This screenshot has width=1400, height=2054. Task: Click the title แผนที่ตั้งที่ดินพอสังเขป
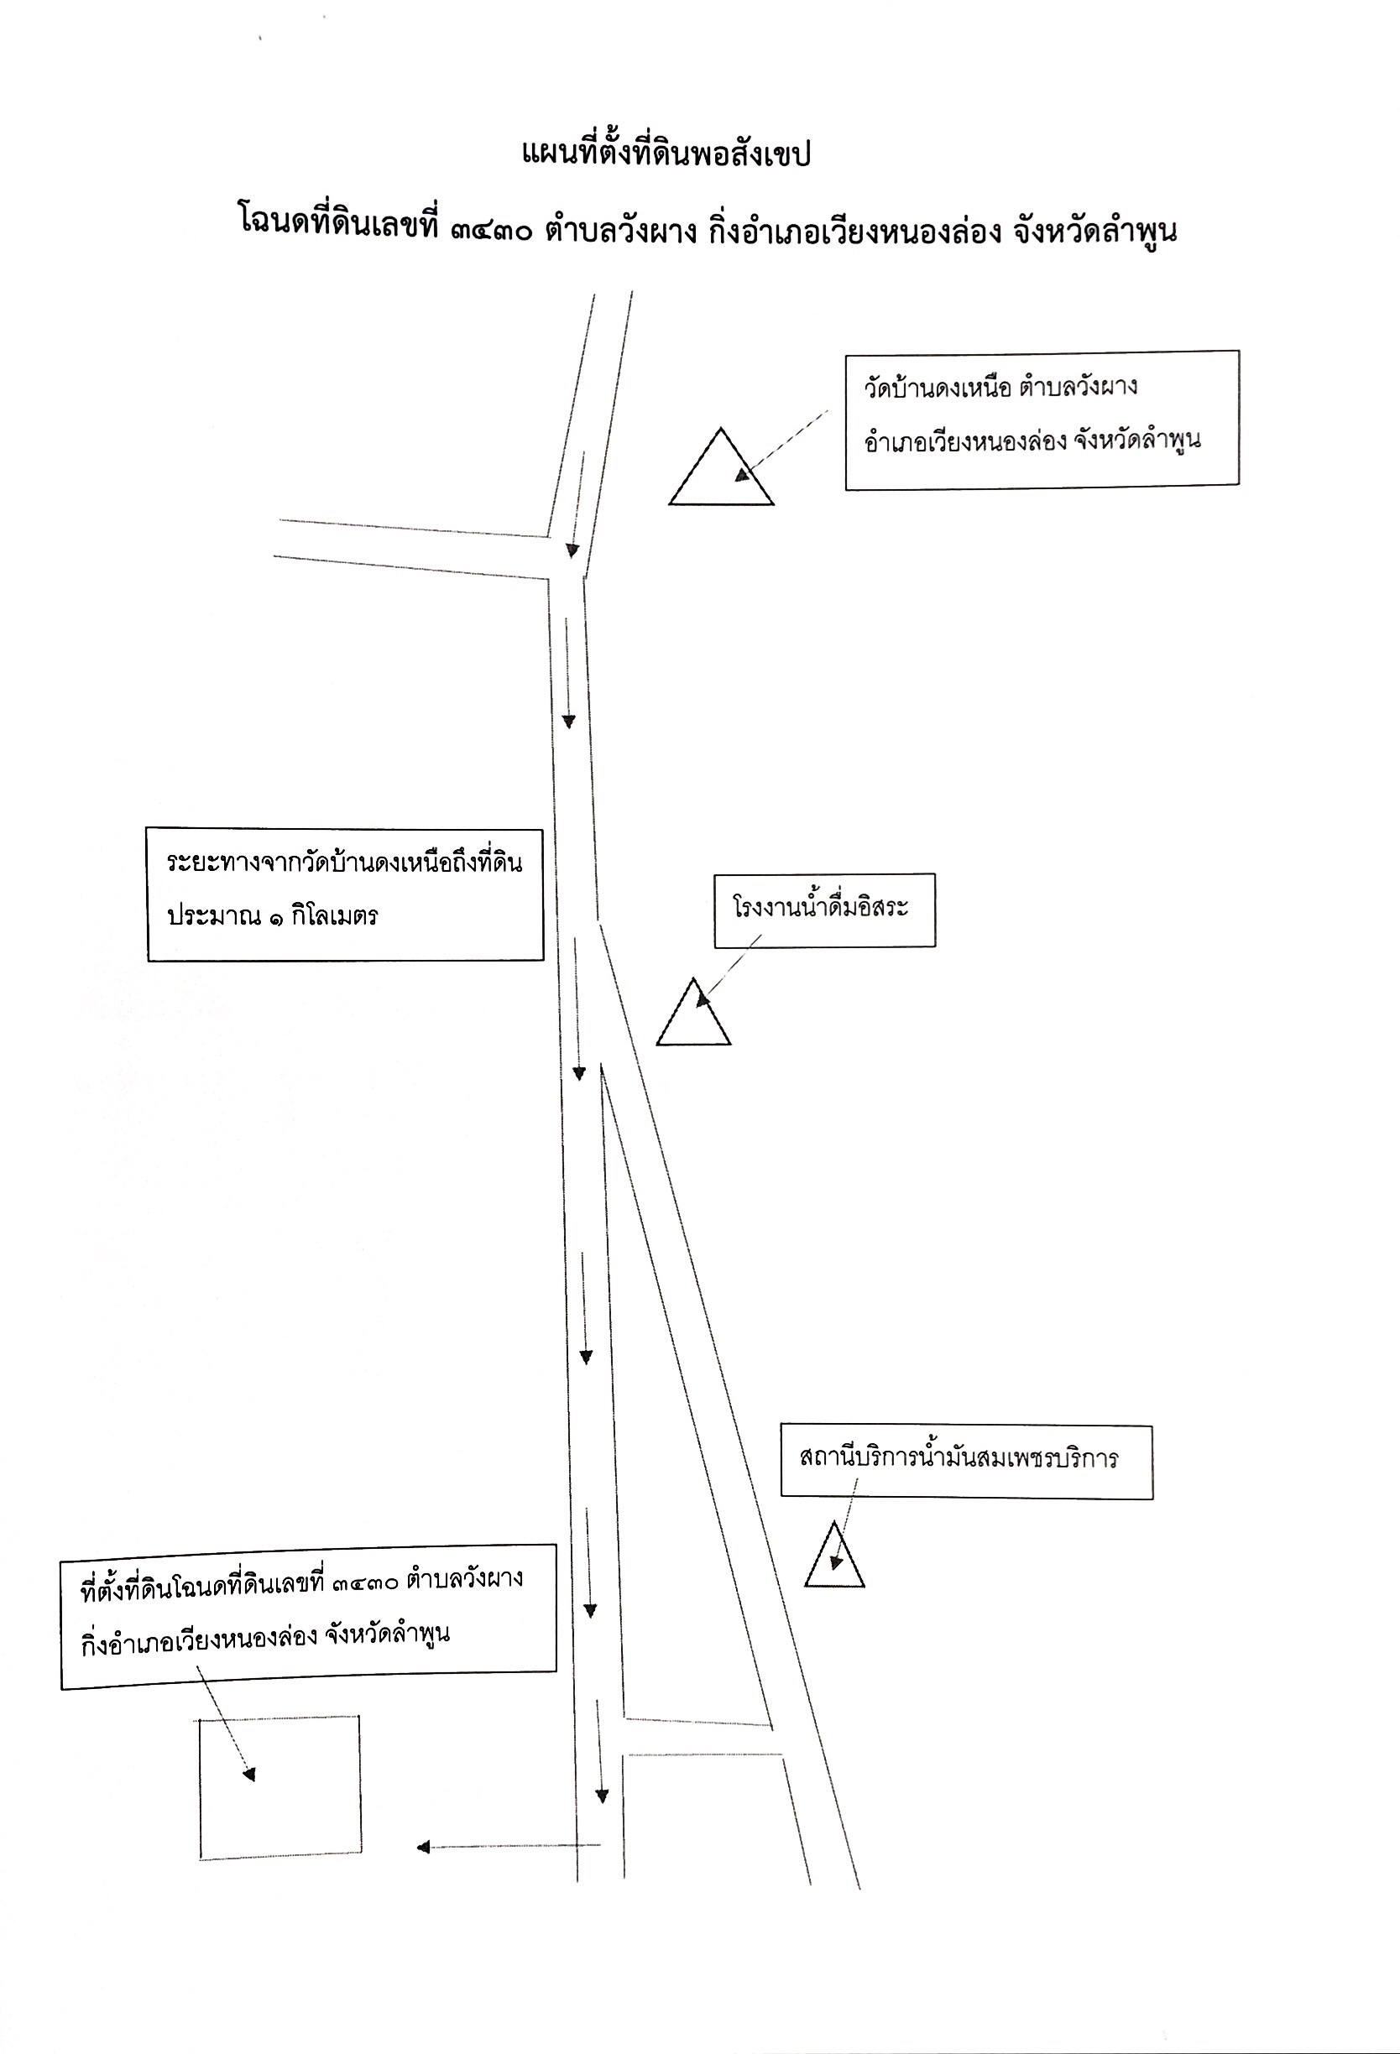coord(666,154)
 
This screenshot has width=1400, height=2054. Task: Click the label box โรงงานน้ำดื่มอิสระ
coord(824,910)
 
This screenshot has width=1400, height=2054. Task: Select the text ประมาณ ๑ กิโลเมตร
coord(272,915)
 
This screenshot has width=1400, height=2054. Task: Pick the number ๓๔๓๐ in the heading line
coord(491,232)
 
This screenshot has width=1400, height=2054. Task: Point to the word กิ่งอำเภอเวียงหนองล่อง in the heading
coord(854,232)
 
